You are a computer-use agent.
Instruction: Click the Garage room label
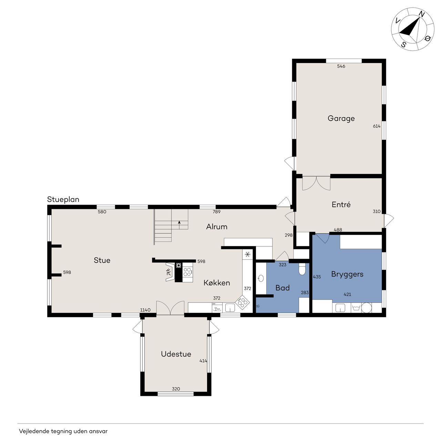click(x=341, y=119)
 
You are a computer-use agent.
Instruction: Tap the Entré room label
click(x=341, y=204)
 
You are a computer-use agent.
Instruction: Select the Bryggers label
click(x=347, y=274)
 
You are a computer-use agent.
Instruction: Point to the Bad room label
click(x=283, y=288)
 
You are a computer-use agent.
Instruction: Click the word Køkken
click(x=217, y=283)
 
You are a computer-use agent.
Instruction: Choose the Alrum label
click(x=217, y=227)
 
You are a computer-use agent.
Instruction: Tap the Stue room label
click(x=102, y=260)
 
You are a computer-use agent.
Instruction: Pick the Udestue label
click(x=176, y=354)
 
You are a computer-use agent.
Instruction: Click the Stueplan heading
click(x=63, y=199)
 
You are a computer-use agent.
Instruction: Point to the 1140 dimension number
click(x=145, y=310)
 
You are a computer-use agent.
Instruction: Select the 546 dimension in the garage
click(x=341, y=66)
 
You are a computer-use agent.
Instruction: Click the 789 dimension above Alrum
click(x=216, y=212)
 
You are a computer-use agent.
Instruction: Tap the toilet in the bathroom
click(x=302, y=269)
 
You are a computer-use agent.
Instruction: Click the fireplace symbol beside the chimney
click(x=170, y=272)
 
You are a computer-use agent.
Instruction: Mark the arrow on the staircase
click(x=179, y=225)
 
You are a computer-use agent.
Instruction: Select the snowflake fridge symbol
click(x=247, y=254)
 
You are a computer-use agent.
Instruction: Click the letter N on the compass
click(x=422, y=15)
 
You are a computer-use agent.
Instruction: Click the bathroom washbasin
click(x=260, y=278)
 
